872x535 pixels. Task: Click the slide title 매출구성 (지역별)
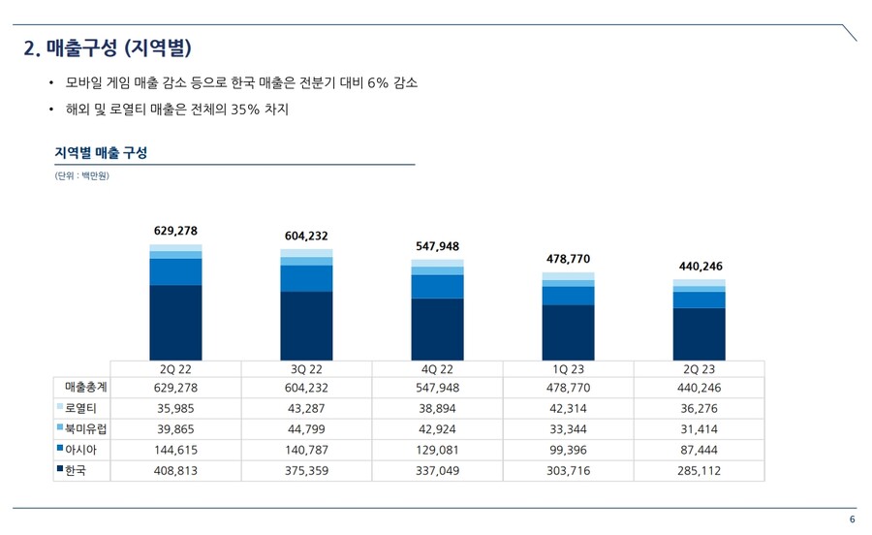(x=107, y=47)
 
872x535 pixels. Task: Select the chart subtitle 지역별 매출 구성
(x=101, y=153)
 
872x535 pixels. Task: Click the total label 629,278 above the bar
(x=175, y=231)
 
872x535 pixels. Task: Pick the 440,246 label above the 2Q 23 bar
(x=699, y=266)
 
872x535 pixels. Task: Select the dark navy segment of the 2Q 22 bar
(x=175, y=323)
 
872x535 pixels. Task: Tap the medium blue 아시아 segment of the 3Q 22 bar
(x=306, y=278)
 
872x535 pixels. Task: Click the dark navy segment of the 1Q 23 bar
(x=568, y=332)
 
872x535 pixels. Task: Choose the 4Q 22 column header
(x=437, y=369)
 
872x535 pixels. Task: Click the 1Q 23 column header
(x=568, y=369)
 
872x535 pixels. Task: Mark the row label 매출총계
(x=85, y=388)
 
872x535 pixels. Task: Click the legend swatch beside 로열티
(x=60, y=408)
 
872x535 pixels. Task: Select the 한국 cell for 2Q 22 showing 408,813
(x=175, y=470)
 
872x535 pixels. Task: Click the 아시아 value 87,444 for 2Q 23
(x=699, y=450)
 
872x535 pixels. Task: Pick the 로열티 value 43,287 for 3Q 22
(x=306, y=409)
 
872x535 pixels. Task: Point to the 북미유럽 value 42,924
(x=437, y=429)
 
